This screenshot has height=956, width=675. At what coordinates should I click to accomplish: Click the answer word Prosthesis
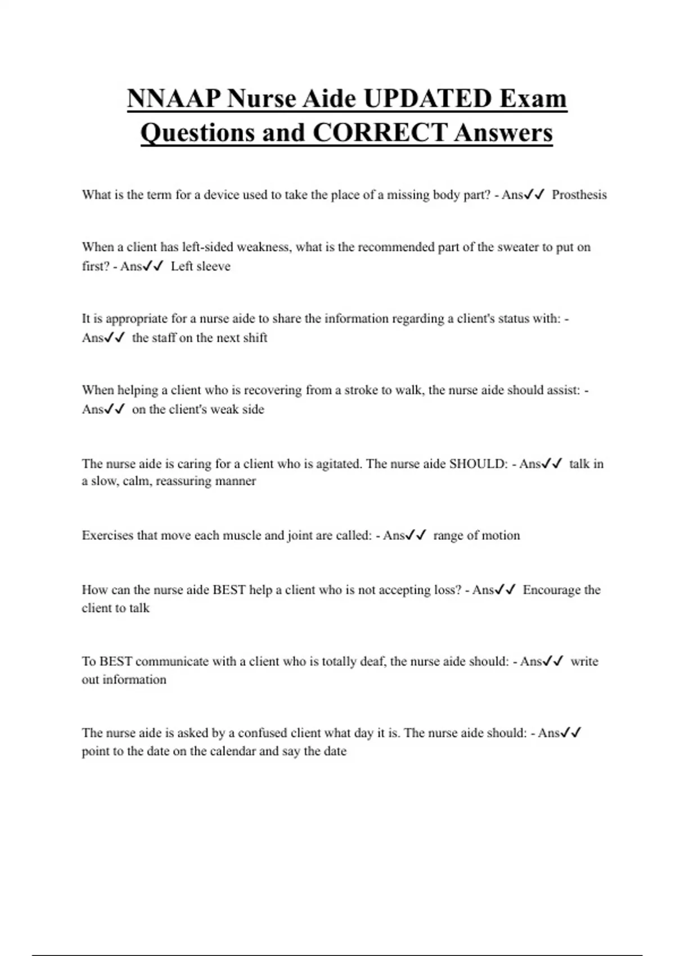[x=579, y=195]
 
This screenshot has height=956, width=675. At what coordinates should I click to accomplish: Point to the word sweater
[x=517, y=247]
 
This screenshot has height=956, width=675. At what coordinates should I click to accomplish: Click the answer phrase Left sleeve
[x=200, y=267]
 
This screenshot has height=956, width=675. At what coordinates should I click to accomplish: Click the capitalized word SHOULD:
[x=478, y=464]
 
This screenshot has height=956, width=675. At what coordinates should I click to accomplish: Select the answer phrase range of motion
[x=476, y=535]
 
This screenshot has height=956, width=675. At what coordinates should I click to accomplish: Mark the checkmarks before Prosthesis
[x=534, y=195]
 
